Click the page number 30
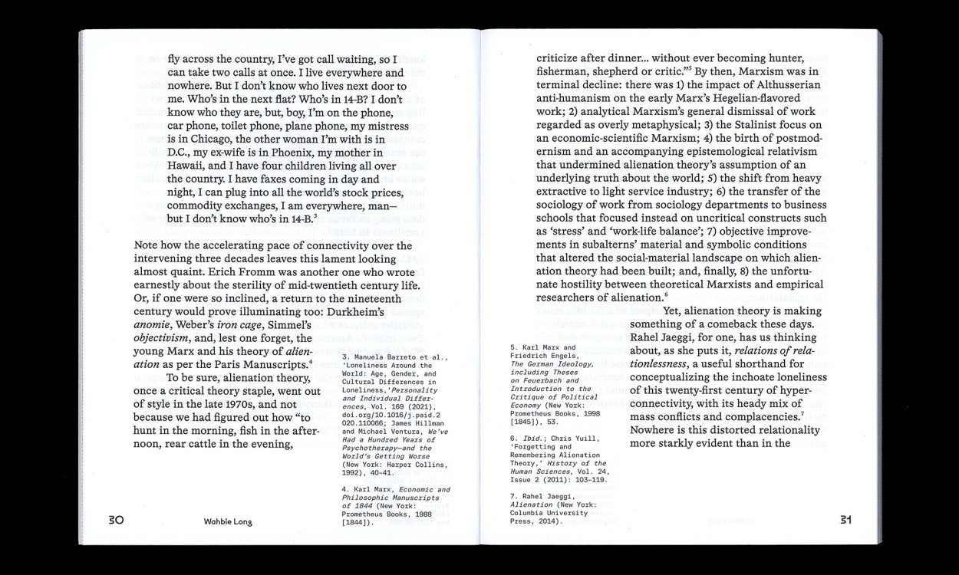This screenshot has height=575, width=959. point(116,520)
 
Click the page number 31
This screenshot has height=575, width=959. point(845,520)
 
